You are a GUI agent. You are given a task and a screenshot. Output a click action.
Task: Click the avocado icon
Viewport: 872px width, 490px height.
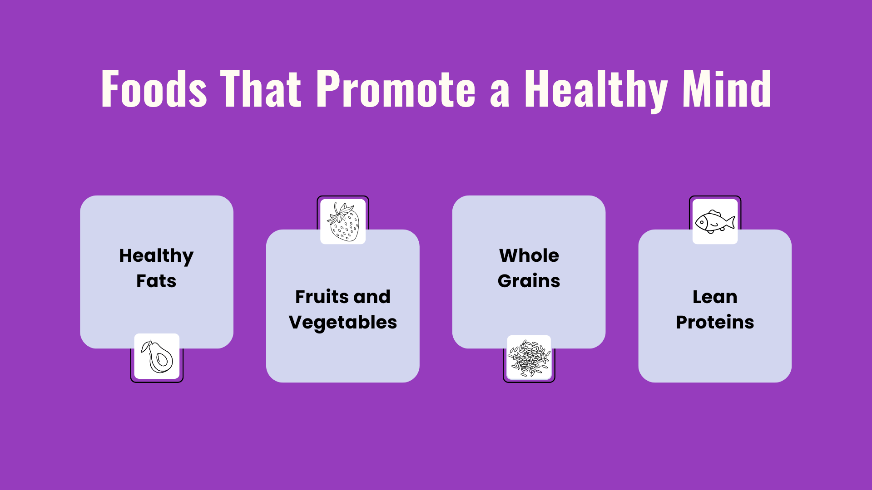(x=157, y=357)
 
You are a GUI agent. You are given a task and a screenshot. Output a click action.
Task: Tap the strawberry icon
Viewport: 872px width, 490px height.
(x=343, y=221)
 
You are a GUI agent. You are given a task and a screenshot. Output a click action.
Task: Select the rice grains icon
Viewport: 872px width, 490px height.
(x=529, y=358)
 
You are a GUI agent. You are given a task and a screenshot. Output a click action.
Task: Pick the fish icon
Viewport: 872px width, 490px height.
(x=715, y=222)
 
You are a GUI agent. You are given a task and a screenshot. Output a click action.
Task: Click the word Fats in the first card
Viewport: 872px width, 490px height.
(x=156, y=281)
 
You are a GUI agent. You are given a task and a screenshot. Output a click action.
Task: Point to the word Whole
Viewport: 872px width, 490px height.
(x=529, y=255)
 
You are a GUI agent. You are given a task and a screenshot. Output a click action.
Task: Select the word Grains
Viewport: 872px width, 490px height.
(x=529, y=281)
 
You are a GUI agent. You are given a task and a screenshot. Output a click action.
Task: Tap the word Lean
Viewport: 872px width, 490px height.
(x=715, y=297)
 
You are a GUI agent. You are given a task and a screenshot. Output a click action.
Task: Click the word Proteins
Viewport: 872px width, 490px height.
(x=715, y=322)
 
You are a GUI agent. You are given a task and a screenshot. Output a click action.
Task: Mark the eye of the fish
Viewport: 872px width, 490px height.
(x=702, y=222)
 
